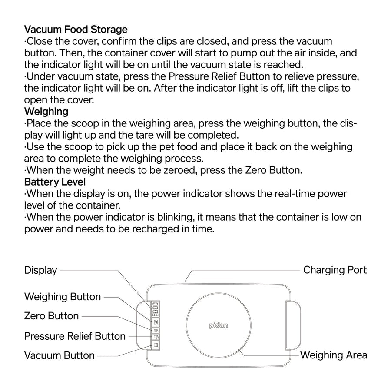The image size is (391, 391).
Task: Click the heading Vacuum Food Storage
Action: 76,30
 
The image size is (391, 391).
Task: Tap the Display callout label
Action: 40,270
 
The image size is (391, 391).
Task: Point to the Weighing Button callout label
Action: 63,297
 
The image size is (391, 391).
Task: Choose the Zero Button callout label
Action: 51,316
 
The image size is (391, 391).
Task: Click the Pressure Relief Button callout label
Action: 75,336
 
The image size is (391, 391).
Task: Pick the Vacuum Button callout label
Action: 59,355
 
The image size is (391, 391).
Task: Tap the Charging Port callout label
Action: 335,270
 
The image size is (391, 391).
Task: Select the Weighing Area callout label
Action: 333,355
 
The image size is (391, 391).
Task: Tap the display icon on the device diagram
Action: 156,309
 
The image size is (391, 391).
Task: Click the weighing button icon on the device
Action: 156,322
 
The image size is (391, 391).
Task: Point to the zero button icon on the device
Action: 156,330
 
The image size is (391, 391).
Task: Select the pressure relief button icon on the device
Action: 156,337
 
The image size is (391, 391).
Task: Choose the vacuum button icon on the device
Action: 156,345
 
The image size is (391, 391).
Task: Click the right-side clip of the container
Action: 293,325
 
